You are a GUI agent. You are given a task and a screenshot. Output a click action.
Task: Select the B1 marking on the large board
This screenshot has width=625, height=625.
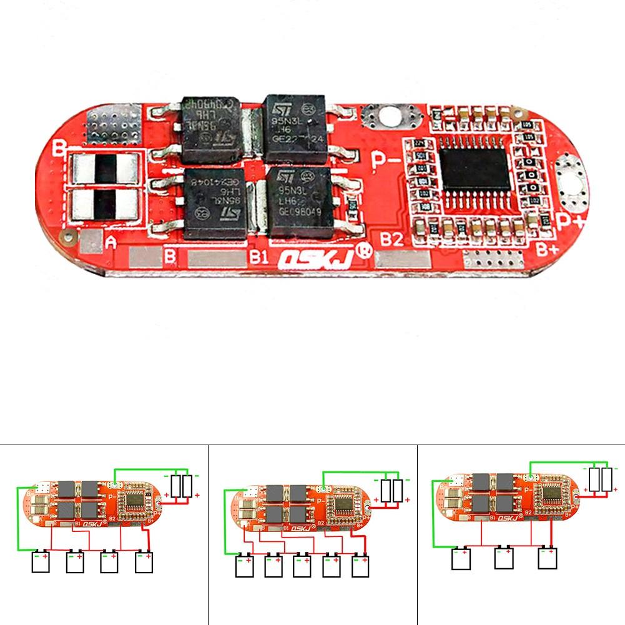(258, 257)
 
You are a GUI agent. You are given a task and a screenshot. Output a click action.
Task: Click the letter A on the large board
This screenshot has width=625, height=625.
(112, 242)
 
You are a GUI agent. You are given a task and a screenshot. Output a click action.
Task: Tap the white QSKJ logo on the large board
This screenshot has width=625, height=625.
(315, 257)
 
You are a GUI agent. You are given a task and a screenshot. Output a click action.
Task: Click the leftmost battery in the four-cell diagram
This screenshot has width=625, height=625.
(42, 561)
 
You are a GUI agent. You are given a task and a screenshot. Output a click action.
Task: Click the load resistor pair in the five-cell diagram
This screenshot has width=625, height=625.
(392, 490)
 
